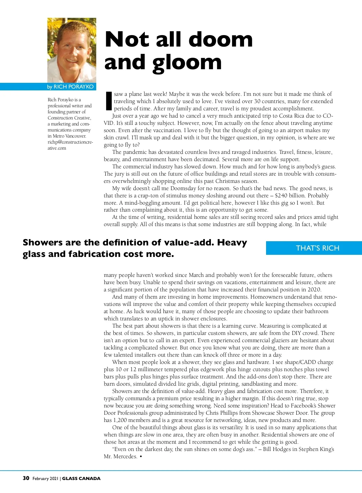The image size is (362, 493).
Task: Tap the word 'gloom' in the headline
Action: click(x=187, y=63)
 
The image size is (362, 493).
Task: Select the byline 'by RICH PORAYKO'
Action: click(x=70, y=87)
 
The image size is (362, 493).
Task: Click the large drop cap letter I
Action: click(x=109, y=101)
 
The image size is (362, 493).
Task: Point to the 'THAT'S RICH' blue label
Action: click(x=317, y=248)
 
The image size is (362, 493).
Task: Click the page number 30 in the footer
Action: click(x=26, y=478)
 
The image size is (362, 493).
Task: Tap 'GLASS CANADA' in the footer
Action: click(x=81, y=478)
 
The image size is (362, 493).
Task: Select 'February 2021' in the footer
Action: click(x=45, y=478)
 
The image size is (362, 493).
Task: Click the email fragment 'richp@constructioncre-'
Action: click(x=70, y=142)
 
